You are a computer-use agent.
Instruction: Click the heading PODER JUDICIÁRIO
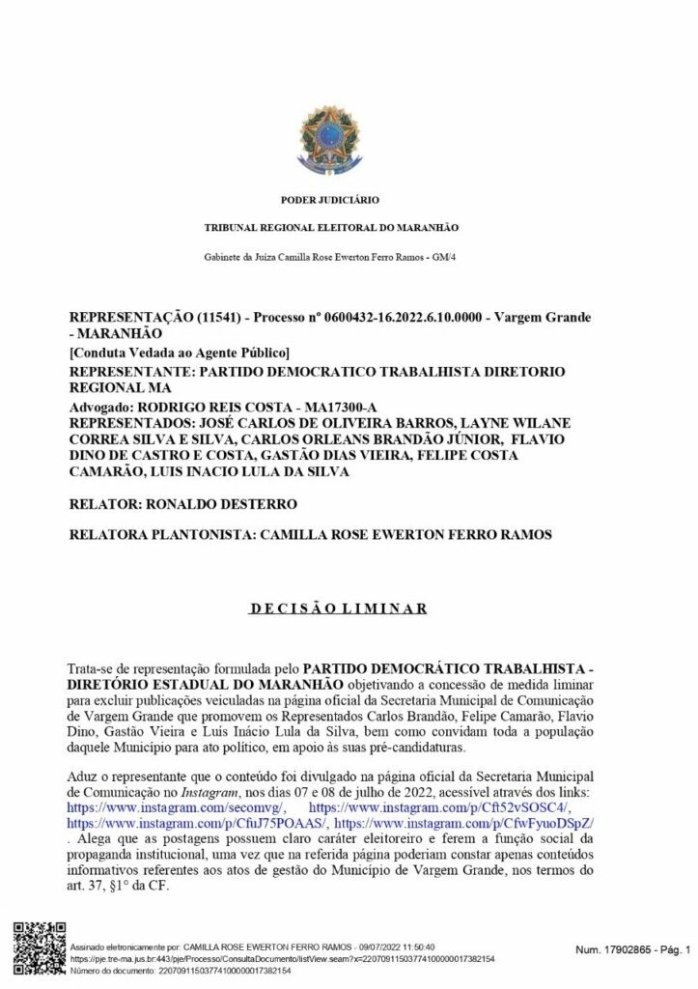(x=330, y=200)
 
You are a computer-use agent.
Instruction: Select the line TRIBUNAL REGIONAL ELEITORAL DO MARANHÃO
(x=330, y=227)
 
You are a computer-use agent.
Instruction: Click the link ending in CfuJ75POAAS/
(x=197, y=822)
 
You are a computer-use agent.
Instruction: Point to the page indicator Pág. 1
(x=672, y=951)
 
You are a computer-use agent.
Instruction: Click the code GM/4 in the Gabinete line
(x=443, y=256)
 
